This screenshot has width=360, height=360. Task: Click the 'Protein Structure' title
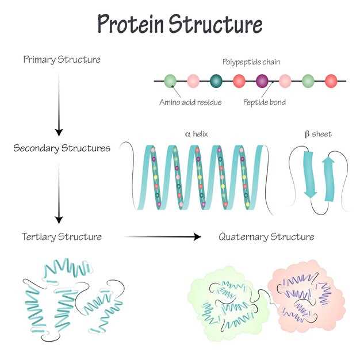tap(180, 24)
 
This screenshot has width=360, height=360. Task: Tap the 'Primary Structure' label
tap(62, 60)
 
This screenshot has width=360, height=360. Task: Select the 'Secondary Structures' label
tap(62, 148)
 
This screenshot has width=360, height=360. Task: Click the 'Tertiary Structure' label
tap(62, 237)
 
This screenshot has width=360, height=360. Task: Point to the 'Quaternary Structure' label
tap(266, 237)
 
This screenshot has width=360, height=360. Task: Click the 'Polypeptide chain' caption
tap(251, 62)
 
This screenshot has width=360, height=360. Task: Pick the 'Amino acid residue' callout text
tap(190, 102)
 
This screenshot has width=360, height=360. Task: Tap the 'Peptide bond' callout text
tap(265, 102)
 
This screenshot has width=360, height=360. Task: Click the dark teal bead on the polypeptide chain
tap(216, 81)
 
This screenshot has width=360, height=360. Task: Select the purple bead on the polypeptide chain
tap(262, 81)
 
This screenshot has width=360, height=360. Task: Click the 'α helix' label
tap(196, 134)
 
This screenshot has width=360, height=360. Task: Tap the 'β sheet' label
tap(319, 134)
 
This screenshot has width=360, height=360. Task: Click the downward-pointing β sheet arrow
tap(310, 174)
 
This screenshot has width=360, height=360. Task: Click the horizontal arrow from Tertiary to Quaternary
tap(163, 237)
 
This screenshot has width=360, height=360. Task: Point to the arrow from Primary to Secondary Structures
tap(59, 105)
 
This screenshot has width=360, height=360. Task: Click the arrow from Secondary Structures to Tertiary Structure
tap(59, 194)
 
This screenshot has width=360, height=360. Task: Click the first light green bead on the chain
tap(170, 81)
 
